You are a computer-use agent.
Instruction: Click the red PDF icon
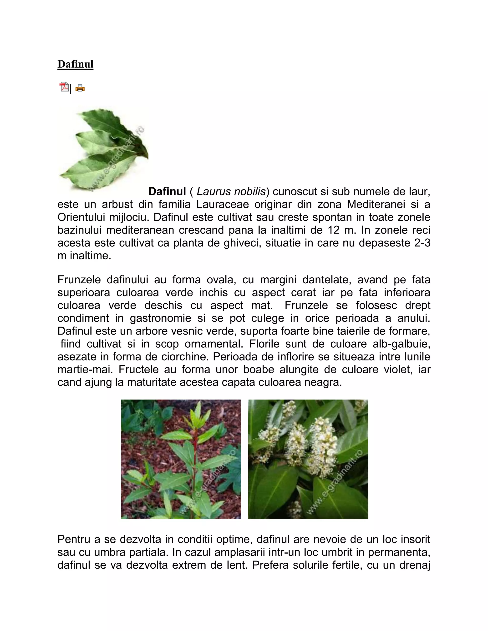(64, 87)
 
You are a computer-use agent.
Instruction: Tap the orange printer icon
(80, 88)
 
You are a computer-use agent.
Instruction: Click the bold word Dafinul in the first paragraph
(167, 191)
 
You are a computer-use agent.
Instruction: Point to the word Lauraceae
(222, 205)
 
